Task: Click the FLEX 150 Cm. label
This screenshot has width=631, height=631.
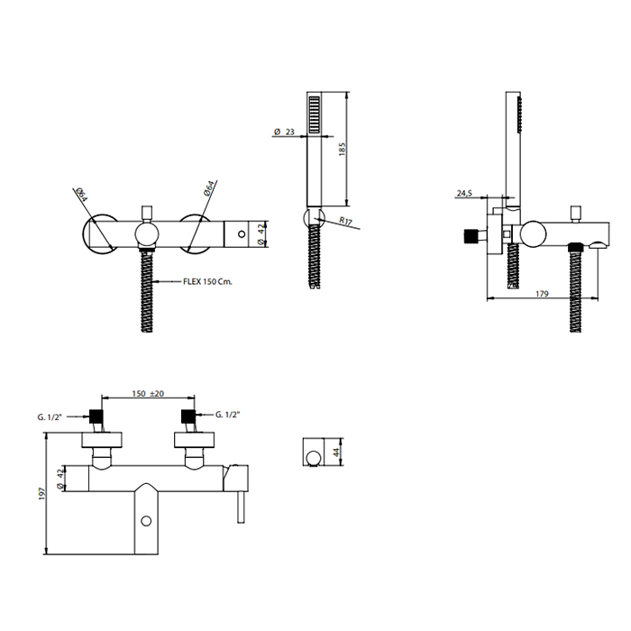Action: (207, 281)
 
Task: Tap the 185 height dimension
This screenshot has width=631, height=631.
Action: (343, 150)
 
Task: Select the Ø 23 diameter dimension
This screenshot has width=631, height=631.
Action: (284, 132)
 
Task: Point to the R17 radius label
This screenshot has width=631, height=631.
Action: (345, 221)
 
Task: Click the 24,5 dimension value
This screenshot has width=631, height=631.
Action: (464, 194)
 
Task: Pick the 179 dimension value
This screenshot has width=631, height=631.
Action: (542, 294)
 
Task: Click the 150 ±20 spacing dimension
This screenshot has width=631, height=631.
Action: (148, 393)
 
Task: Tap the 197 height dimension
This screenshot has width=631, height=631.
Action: (42, 493)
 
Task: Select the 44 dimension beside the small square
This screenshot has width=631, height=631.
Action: (337, 452)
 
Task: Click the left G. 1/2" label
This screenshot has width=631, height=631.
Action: (50, 417)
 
